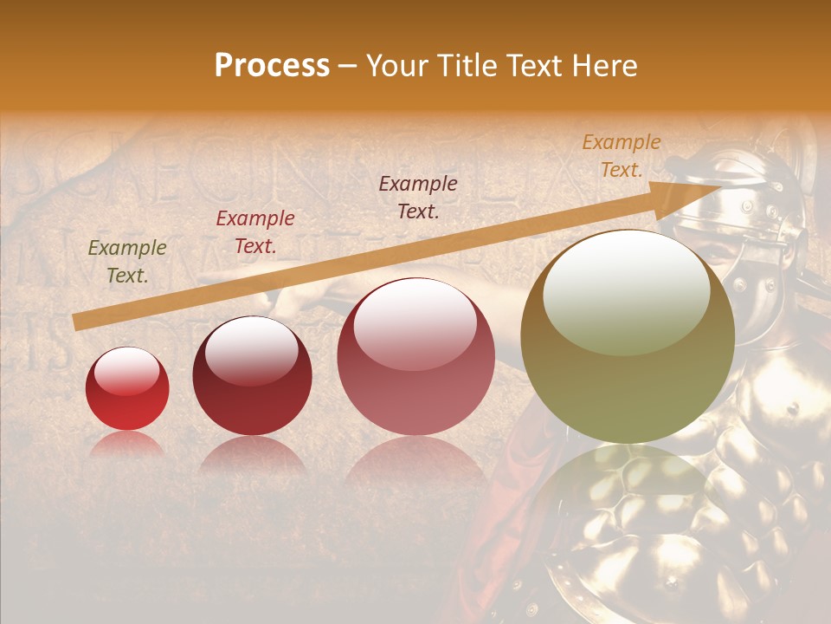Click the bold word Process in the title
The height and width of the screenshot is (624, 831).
tap(272, 66)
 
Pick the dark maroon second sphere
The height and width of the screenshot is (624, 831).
tap(252, 376)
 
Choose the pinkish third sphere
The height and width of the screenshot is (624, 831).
tap(415, 357)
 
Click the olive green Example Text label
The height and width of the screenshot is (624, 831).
tap(127, 262)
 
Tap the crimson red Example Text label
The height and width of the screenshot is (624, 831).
tap(255, 232)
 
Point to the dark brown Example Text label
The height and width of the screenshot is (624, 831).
tap(418, 197)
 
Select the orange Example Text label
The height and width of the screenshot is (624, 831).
tap(621, 156)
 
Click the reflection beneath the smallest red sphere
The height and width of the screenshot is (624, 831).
tap(127, 445)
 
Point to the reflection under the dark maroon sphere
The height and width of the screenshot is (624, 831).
tap(252, 455)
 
